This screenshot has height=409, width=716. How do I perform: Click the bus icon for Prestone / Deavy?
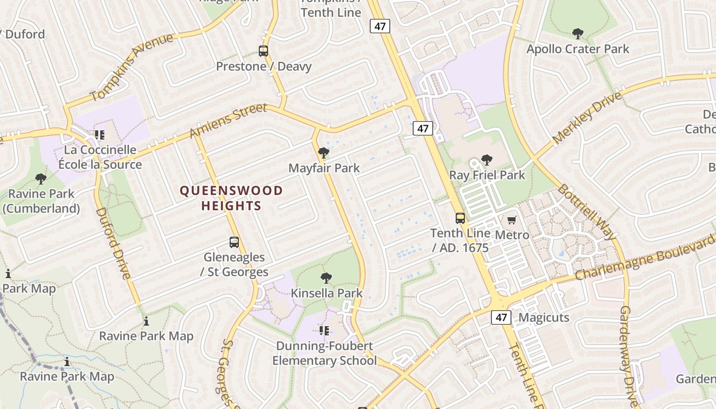coord(263,51)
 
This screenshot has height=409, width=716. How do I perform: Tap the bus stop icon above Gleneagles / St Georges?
coord(234,242)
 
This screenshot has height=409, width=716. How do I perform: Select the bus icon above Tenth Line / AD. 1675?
coord(460,218)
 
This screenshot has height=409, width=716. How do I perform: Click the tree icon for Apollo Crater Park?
coord(578,34)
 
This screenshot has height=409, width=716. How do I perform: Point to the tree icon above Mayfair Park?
coord(323,153)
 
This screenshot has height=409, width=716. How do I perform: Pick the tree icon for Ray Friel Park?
coord(487,160)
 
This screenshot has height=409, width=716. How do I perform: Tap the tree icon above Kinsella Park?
coord(326,278)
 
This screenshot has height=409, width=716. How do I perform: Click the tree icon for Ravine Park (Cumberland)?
coord(41,179)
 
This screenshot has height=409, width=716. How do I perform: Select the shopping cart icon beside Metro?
coord(512,220)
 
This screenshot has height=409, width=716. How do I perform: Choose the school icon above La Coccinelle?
coord(100,135)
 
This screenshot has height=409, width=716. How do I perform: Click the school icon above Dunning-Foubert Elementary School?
coord(324,331)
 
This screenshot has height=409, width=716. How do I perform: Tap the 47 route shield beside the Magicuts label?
coord(501,317)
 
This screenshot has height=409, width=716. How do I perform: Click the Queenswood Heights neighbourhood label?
coord(231,198)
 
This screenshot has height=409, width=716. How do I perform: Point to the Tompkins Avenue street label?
coord(131,67)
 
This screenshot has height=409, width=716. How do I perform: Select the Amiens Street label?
coord(228,121)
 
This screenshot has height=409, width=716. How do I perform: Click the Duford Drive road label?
coord(113,243)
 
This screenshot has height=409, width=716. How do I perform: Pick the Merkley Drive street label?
coord(588,118)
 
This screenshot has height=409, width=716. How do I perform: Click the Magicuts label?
coord(544,317)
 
